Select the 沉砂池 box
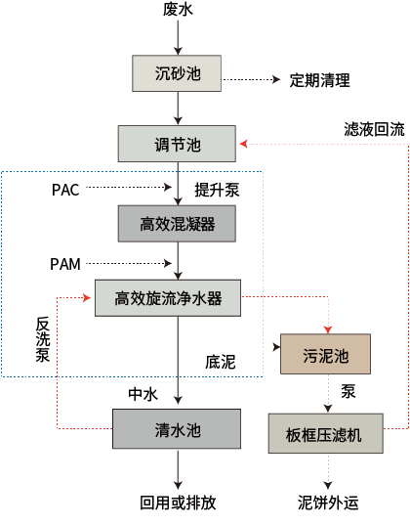[177, 72]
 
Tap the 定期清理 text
[319, 80]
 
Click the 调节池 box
[177, 144]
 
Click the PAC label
[65, 189]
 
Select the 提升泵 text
[216, 190]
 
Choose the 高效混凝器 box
[177, 224]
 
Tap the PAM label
[66, 264]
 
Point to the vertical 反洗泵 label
[43, 339]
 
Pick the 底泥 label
[220, 362]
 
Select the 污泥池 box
[326, 355]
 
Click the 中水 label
[143, 394]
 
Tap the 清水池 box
[177, 430]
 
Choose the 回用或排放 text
[177, 503]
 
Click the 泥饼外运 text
[328, 503]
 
